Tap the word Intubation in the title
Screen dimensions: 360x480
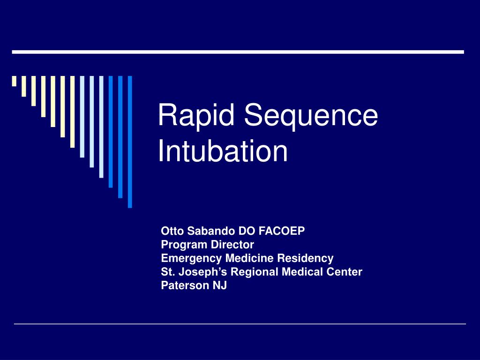(x=223, y=151)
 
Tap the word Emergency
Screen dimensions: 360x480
(x=192, y=258)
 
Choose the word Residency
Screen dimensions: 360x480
(x=305, y=258)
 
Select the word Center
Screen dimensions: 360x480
(x=344, y=272)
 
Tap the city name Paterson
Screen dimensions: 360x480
(x=183, y=285)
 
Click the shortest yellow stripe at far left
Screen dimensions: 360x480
(x=14, y=81)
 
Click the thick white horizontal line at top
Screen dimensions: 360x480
(x=238, y=52)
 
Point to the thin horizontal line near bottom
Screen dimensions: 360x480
(x=240, y=324)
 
